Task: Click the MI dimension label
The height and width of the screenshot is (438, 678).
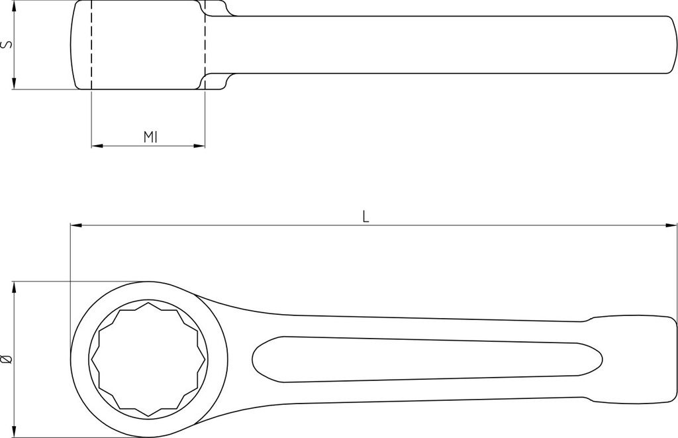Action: pos(150,137)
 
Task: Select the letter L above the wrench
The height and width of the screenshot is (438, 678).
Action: pos(365,217)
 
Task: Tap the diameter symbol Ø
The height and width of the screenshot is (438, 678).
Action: pos(7,358)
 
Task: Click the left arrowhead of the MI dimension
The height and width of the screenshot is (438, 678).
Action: pos(97,146)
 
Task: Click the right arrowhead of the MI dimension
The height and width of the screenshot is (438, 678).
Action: pos(199,146)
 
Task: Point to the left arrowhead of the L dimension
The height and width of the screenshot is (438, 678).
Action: pos(75,225)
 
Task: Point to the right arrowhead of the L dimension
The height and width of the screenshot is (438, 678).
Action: pos(671,225)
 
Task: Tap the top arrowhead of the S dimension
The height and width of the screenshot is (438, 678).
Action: pos(15,7)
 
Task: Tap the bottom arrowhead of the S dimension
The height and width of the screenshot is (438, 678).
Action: pos(15,83)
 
